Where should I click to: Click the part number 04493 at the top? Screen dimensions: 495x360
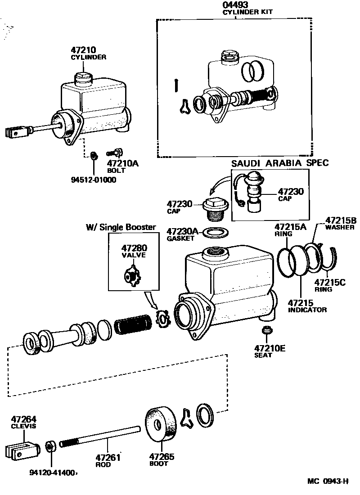(x=235, y=5)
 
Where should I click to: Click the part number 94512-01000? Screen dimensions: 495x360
(x=93, y=180)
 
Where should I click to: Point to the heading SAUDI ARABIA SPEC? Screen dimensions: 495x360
(x=280, y=163)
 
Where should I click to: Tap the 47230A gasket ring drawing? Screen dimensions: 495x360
(x=216, y=233)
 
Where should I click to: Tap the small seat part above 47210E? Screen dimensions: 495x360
(x=266, y=331)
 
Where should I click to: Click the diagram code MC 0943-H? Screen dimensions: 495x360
(x=328, y=482)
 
